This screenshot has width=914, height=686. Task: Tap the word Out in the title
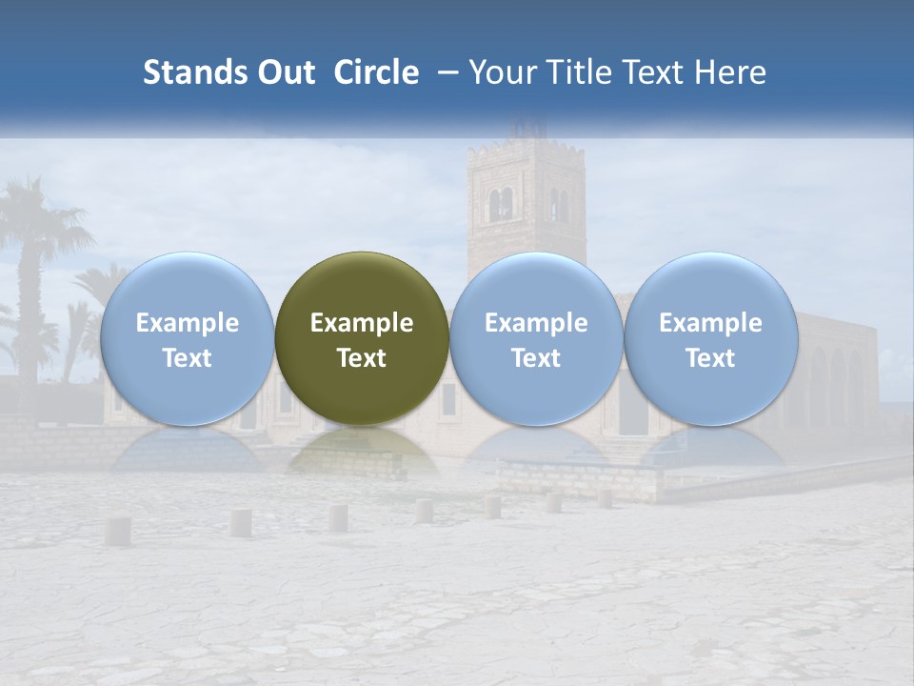pyautogui.click(x=285, y=72)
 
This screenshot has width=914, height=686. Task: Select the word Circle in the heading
pyautogui.click(x=376, y=72)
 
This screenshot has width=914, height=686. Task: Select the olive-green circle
pyautogui.click(x=362, y=338)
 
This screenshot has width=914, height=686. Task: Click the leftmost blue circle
pyautogui.click(x=188, y=338)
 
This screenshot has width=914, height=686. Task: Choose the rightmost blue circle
pyautogui.click(x=710, y=338)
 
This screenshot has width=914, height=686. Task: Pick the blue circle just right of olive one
pyautogui.click(x=536, y=338)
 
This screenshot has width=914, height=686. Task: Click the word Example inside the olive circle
pyautogui.click(x=362, y=323)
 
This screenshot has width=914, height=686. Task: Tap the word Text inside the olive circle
pyautogui.click(x=362, y=358)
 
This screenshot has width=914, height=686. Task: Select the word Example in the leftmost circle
pyautogui.click(x=188, y=323)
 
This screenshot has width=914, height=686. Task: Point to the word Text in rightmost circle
pyautogui.click(x=710, y=358)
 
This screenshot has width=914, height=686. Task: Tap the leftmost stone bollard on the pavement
pyautogui.click(x=117, y=531)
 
